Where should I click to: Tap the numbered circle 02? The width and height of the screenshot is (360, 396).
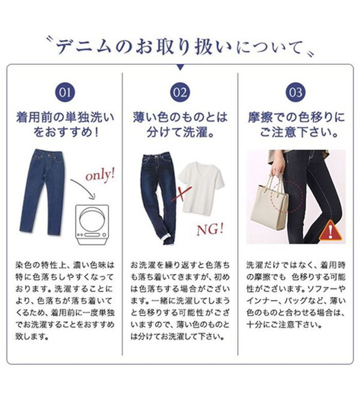click(x=180, y=92)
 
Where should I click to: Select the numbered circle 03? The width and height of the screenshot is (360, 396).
click(x=295, y=92)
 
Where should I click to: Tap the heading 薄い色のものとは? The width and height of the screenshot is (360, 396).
click(x=180, y=116)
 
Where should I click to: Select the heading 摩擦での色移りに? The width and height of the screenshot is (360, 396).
click(x=296, y=116)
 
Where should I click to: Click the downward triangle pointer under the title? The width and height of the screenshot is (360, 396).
click(x=180, y=67)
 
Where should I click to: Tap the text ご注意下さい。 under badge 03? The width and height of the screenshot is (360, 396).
click(x=296, y=131)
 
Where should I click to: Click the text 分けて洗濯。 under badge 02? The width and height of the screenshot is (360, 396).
click(x=180, y=131)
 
